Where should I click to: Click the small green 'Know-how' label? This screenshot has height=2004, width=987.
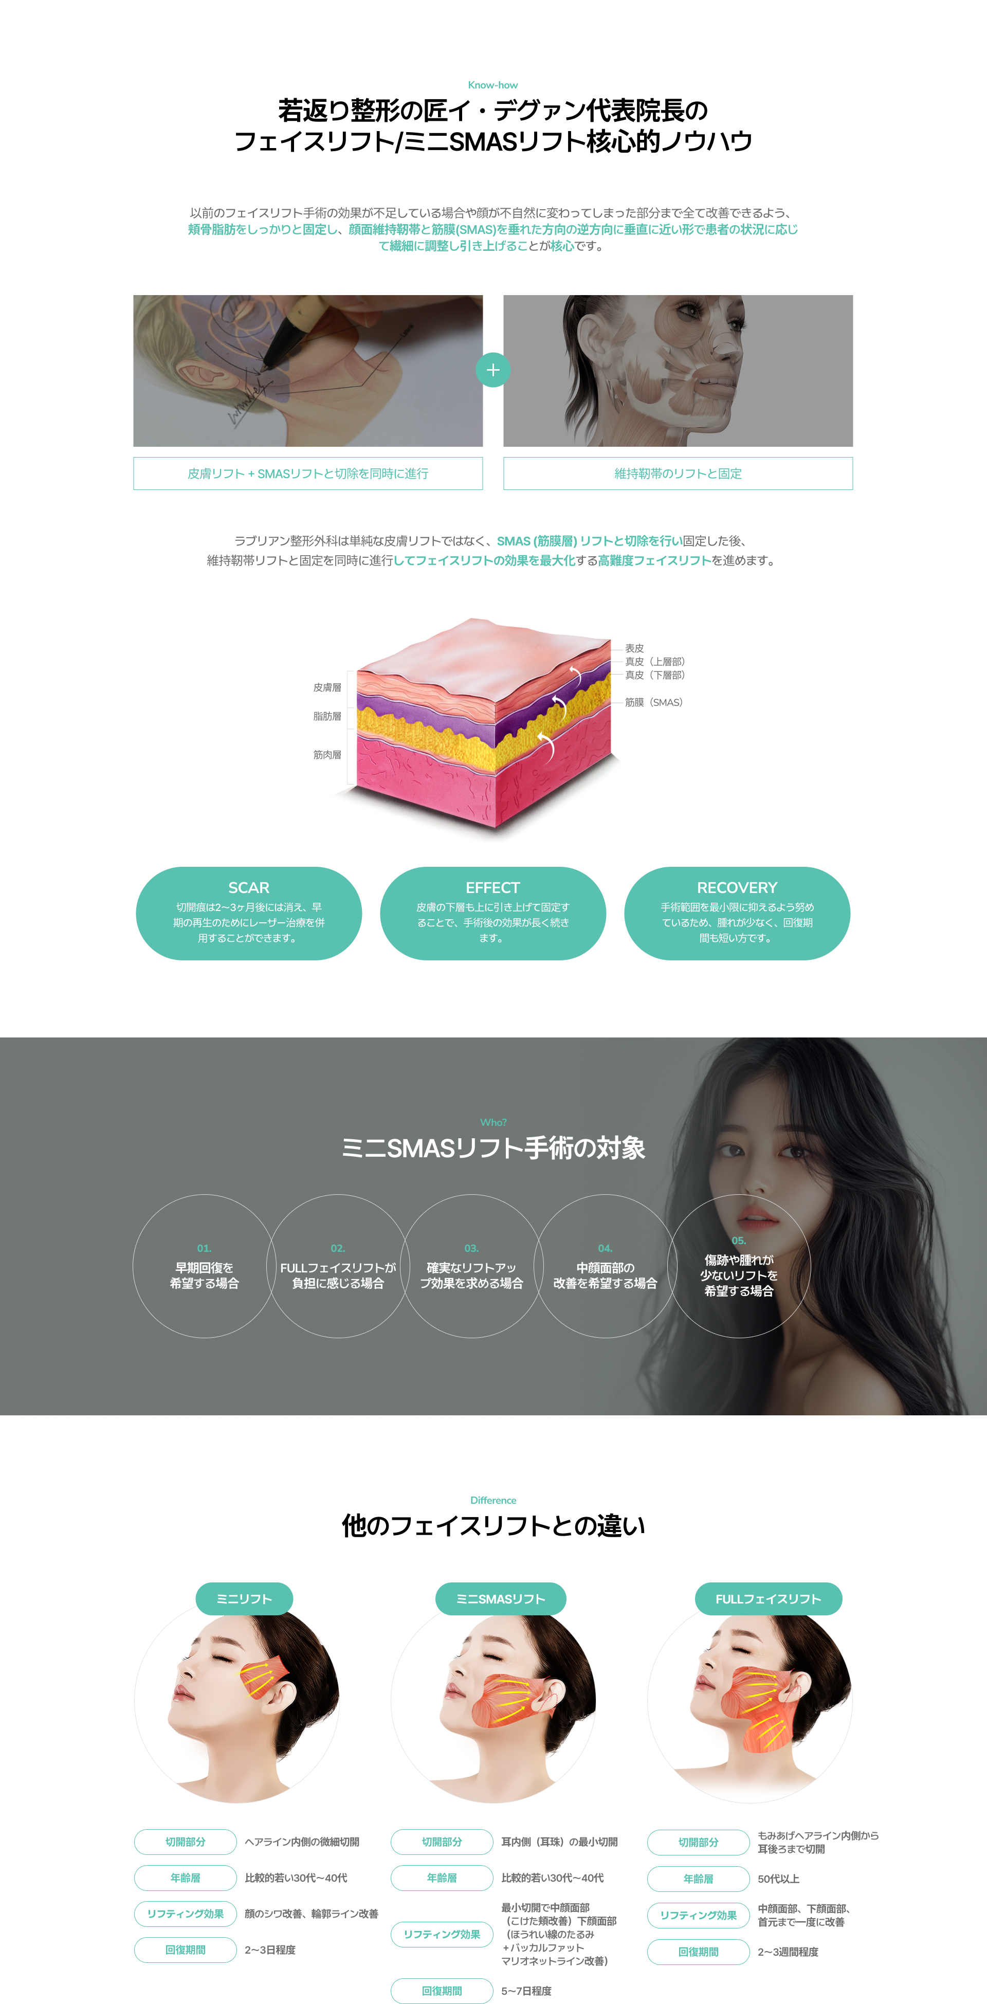(492, 85)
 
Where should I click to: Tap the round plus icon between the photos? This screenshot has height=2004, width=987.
(492, 370)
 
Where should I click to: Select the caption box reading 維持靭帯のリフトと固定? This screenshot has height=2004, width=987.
(678, 474)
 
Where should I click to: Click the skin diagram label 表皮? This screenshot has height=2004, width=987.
(635, 648)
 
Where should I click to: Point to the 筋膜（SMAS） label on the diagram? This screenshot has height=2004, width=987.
(653, 702)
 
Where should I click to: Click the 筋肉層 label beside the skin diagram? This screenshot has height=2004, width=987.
(327, 755)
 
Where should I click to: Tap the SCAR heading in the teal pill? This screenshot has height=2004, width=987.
(249, 888)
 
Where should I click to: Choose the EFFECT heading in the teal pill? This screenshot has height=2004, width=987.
(492, 888)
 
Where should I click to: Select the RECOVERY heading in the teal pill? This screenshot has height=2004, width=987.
(737, 888)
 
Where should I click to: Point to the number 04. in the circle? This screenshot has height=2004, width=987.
(605, 1249)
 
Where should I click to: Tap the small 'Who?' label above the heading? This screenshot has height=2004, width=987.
(493, 1123)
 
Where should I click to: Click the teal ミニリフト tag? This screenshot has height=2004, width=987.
(244, 1599)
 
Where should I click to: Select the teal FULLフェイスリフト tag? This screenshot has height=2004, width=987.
(769, 1599)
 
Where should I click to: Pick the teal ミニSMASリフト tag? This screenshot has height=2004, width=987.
(501, 1599)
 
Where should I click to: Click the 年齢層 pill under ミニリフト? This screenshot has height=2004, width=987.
(185, 1878)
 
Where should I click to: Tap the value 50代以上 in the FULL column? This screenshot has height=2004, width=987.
(779, 1879)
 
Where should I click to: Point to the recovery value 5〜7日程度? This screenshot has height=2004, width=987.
(526, 1991)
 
